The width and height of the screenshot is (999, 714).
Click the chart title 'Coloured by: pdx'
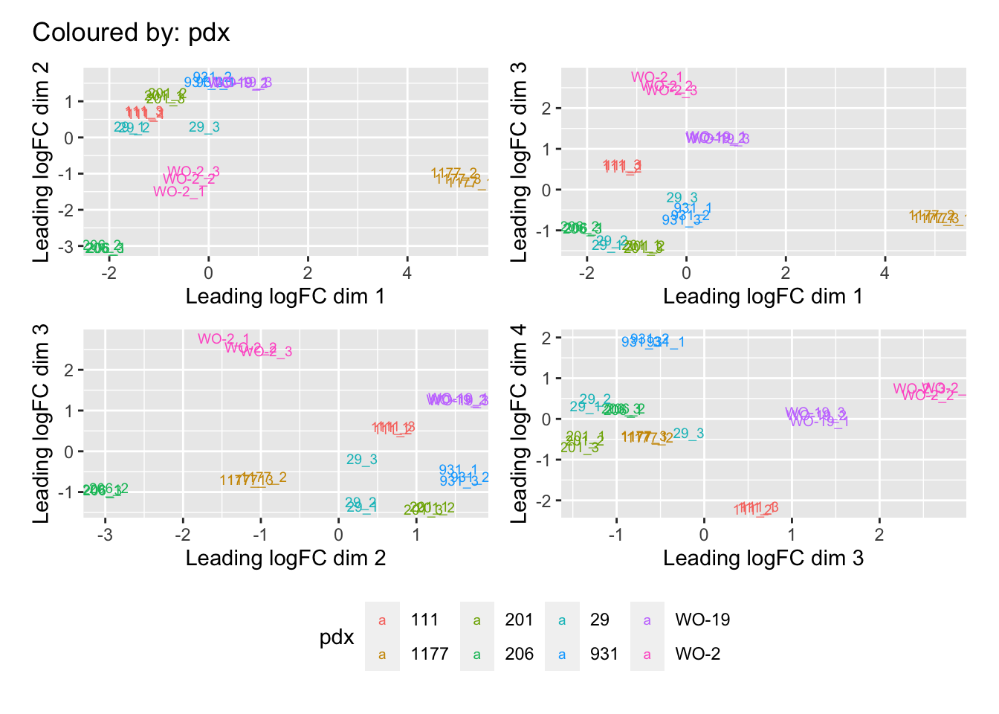point(131,33)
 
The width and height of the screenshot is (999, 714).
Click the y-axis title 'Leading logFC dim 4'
point(519,423)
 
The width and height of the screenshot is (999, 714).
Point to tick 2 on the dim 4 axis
point(546,338)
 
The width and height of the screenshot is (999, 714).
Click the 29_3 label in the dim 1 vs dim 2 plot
point(204,127)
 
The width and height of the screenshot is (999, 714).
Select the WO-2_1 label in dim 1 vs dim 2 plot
point(179,192)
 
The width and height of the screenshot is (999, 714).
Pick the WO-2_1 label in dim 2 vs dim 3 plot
point(224,339)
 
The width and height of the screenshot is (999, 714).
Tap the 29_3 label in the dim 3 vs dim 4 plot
point(688,434)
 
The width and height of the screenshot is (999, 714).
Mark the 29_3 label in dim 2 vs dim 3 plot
point(362,460)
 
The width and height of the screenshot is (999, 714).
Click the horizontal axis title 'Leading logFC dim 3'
point(763,559)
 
